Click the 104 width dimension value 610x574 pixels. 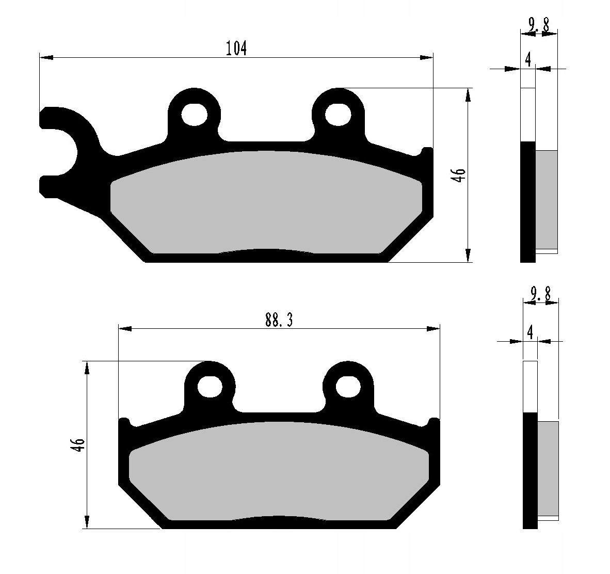point(236,49)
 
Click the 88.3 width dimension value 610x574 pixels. point(279,320)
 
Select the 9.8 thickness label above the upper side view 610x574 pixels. point(539,26)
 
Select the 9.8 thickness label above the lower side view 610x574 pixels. point(540,295)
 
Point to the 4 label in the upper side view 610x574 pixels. point(528,60)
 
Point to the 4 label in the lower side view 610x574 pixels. point(529,333)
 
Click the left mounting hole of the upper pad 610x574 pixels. point(194,115)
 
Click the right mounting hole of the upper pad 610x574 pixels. point(338,115)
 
